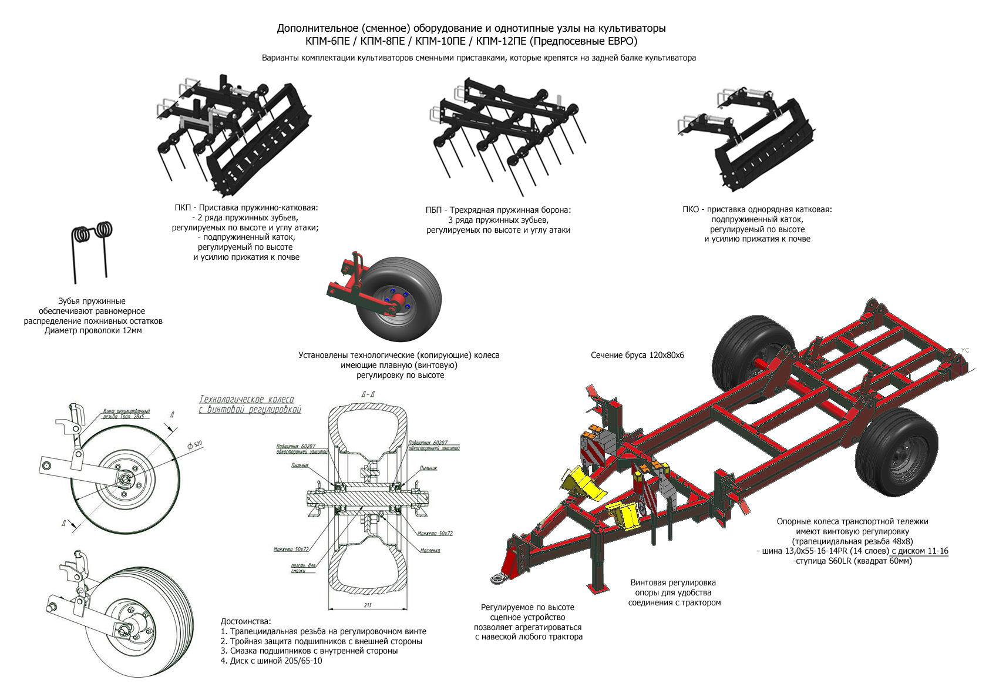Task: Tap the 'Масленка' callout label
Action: [x=430, y=551]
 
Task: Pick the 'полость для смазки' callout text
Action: [x=303, y=568]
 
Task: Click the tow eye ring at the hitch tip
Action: [x=499, y=579]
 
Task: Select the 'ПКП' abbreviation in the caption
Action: [x=183, y=208]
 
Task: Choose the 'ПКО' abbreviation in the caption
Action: [x=691, y=210]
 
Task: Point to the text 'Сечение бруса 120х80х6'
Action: [x=637, y=356]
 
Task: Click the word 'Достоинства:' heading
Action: [x=246, y=621]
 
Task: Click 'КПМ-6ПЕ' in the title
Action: [x=328, y=41]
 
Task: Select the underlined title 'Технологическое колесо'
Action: [x=247, y=400]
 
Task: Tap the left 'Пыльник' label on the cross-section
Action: [x=300, y=465]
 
